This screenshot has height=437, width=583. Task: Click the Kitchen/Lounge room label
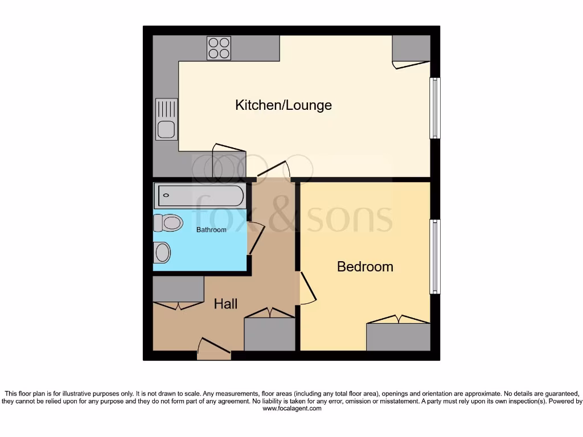[x=283, y=105]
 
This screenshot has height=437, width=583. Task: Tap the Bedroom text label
[x=365, y=266]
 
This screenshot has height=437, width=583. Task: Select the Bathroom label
[x=211, y=230]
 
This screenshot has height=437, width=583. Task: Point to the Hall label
[x=225, y=304]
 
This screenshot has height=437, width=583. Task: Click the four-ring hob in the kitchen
[x=219, y=48]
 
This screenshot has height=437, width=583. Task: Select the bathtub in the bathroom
[x=199, y=196]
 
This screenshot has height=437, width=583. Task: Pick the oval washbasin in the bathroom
[x=162, y=252]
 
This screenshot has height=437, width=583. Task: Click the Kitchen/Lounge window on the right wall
[x=435, y=108]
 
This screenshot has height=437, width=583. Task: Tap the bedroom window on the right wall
[x=435, y=257]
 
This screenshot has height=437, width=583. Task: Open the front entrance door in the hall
[x=214, y=349]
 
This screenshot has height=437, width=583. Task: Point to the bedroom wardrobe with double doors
[x=398, y=336]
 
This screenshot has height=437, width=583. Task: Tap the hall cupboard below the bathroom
[x=178, y=289]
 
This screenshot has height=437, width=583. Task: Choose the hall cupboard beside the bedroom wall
[x=269, y=333]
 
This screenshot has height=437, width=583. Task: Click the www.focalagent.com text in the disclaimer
[x=291, y=408]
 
